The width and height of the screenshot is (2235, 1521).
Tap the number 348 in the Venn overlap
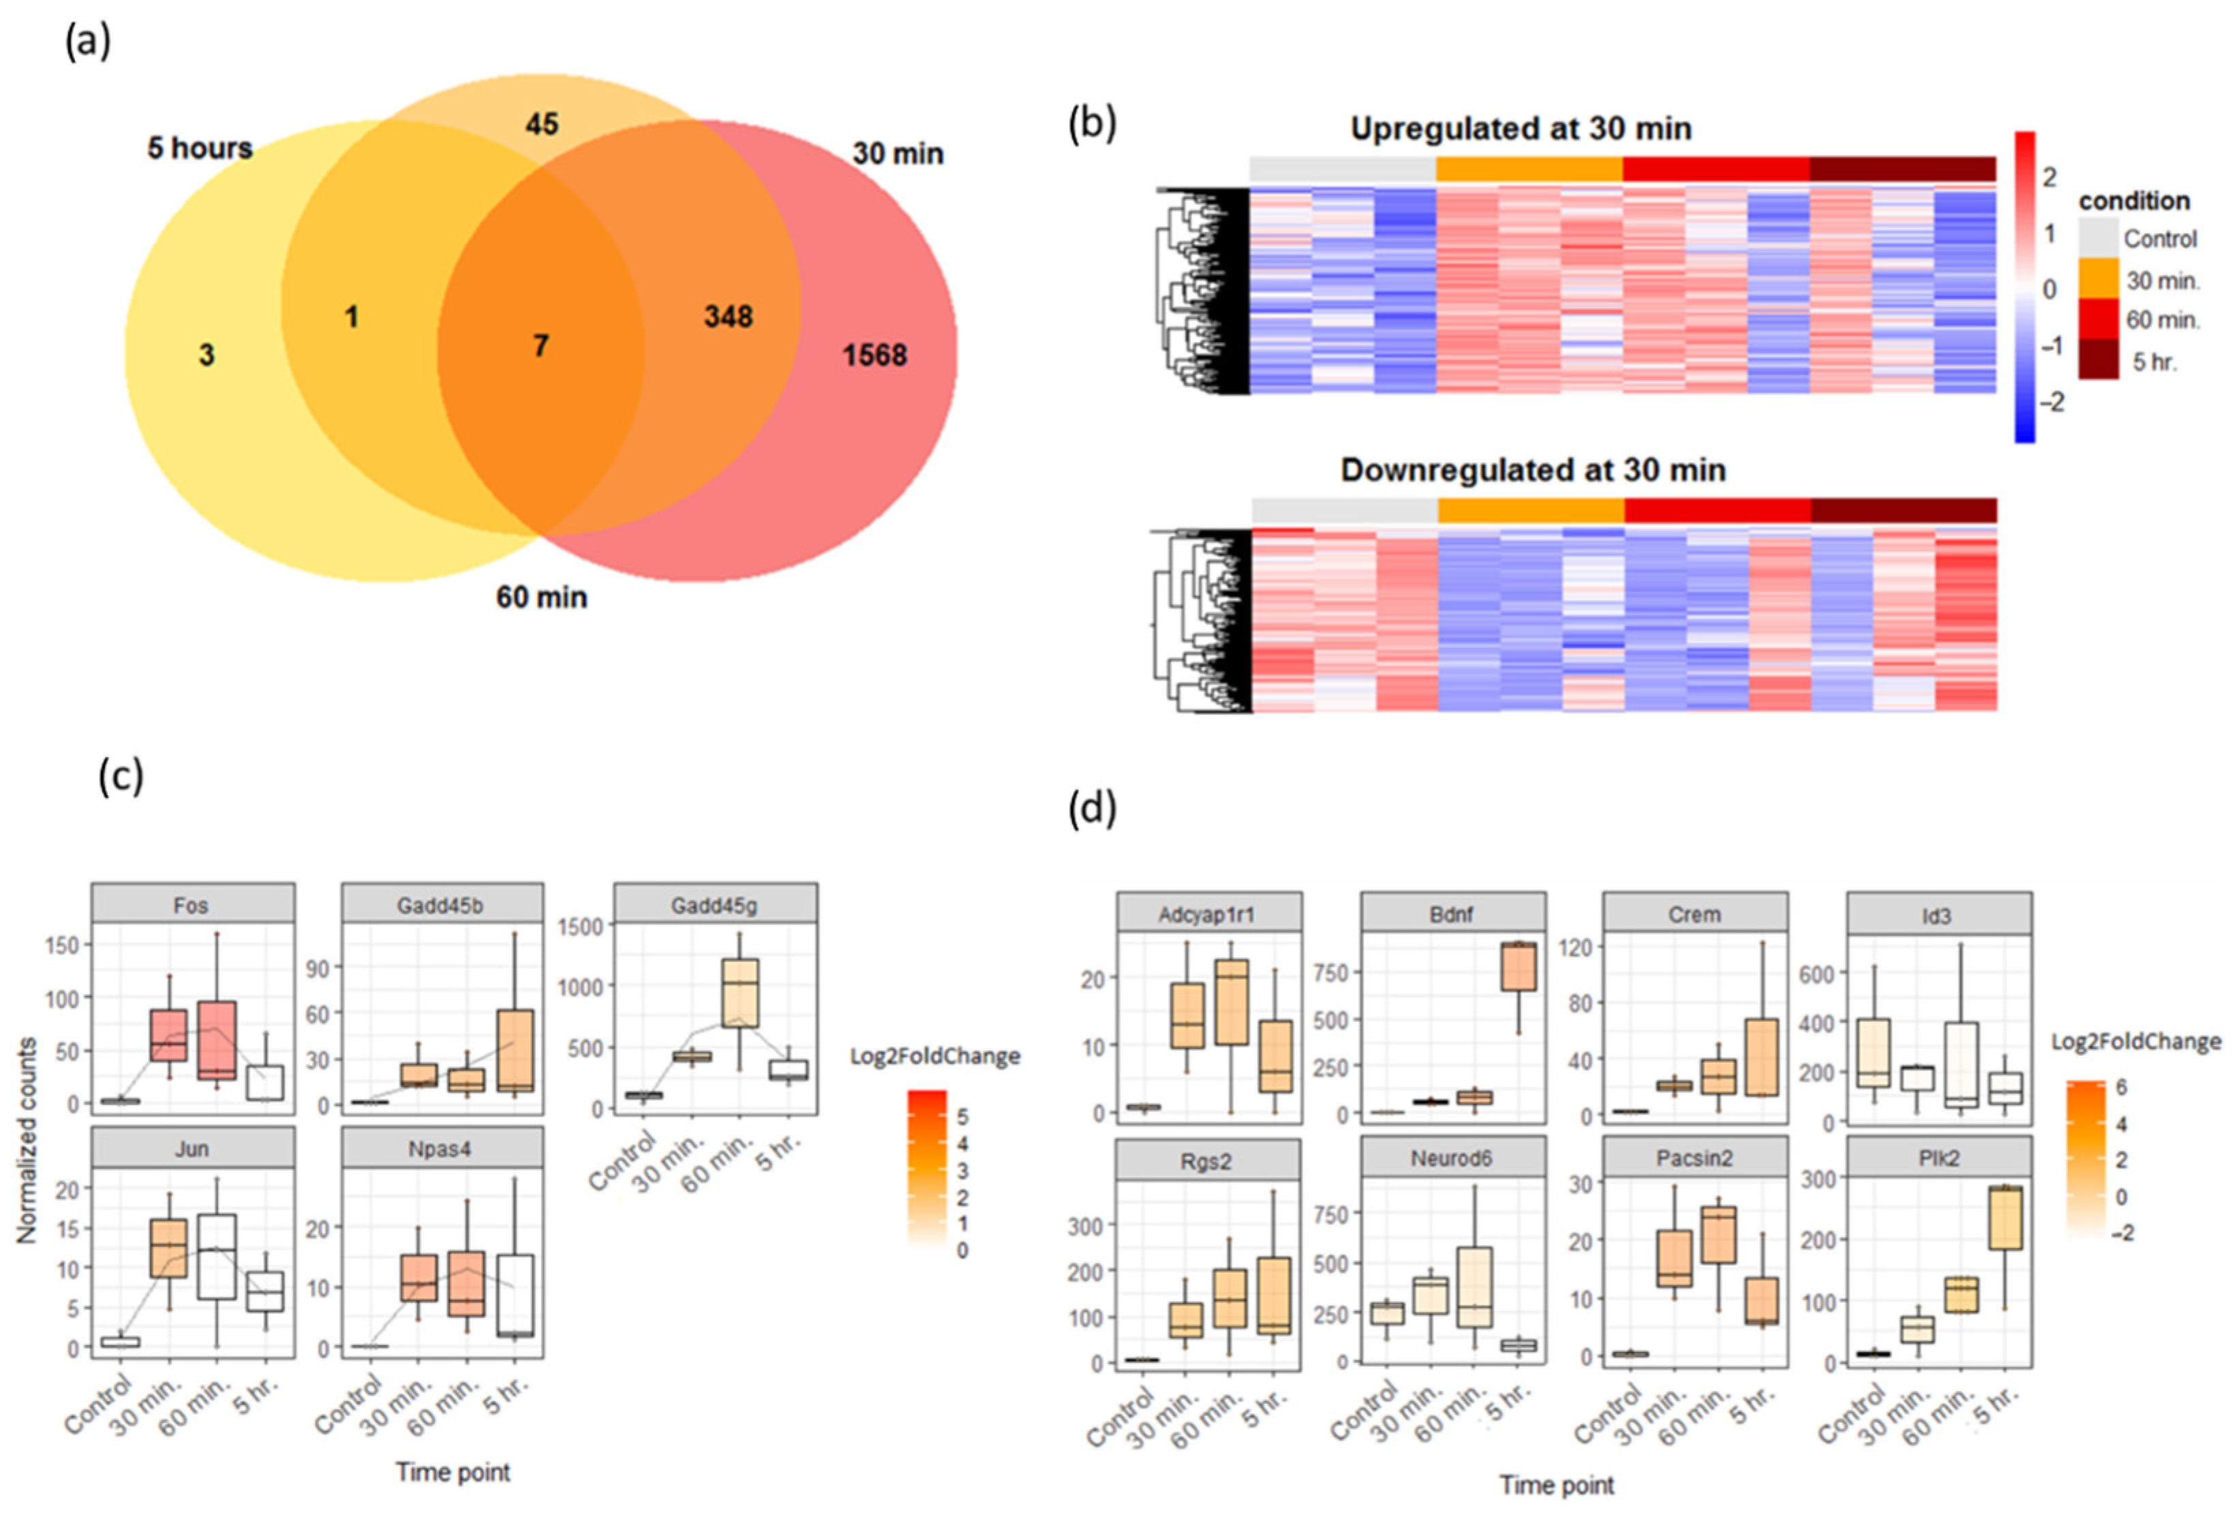(x=728, y=316)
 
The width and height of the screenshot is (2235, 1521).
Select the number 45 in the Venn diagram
(x=541, y=124)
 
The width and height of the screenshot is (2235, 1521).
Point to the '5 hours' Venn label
(x=200, y=148)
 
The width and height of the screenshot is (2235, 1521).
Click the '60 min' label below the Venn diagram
(x=541, y=597)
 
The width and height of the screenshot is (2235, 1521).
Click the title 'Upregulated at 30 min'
(x=1520, y=129)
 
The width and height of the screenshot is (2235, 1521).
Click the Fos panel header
(x=192, y=904)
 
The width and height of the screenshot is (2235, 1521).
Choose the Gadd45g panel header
(x=715, y=904)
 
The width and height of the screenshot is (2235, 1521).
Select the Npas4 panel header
(x=441, y=1149)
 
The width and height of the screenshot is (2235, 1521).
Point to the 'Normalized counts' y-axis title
(x=27, y=1140)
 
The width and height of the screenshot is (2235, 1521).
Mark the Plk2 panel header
(x=1939, y=1158)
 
